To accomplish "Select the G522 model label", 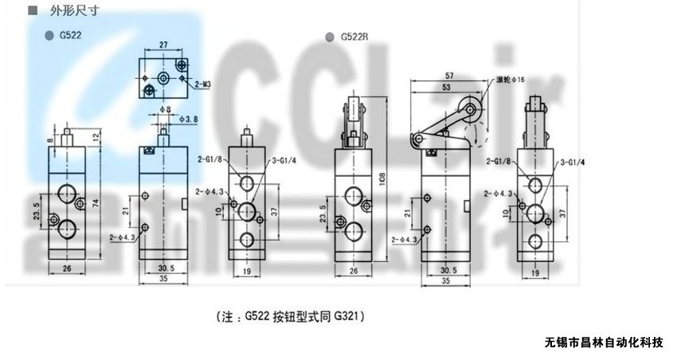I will pyautogui.click(x=70, y=37).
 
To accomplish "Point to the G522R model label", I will pyautogui.click(x=353, y=37).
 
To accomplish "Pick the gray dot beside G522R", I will pyautogui.click(x=331, y=37).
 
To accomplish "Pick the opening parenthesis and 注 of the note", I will pyautogui.click(x=225, y=316).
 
